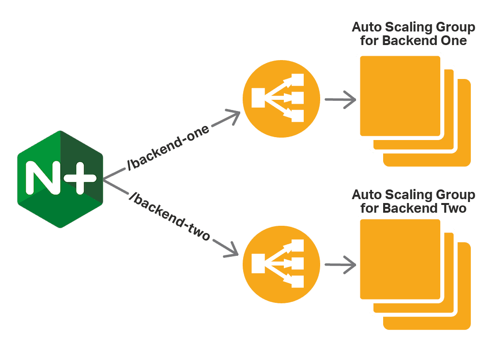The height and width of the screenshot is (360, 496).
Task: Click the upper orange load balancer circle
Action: click(281, 99)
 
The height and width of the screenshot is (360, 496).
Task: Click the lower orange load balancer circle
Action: click(281, 265)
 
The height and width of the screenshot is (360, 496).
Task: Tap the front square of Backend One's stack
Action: click(400, 95)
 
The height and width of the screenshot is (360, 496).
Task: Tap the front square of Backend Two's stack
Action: click(400, 259)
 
